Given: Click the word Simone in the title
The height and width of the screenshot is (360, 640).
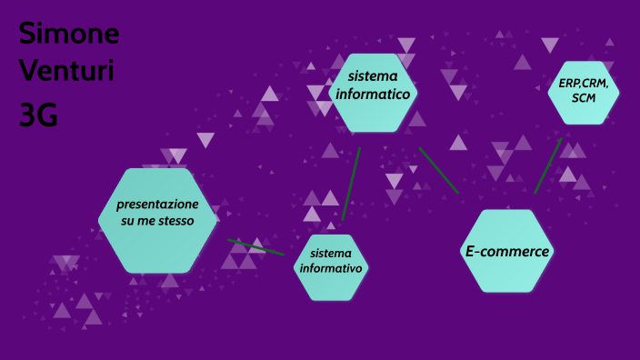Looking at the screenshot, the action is (x=69, y=35).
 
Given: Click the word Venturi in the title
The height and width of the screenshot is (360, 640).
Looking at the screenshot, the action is (x=66, y=72).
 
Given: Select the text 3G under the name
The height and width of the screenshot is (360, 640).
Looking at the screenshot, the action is (x=38, y=115).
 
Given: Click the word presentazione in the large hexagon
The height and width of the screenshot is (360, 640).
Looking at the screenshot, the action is (x=157, y=204).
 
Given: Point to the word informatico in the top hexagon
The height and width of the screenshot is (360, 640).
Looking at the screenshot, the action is (x=373, y=93).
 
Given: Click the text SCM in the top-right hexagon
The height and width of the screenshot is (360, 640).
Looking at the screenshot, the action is (x=584, y=98).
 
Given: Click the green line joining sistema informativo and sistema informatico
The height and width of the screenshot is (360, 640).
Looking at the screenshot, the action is (x=351, y=183).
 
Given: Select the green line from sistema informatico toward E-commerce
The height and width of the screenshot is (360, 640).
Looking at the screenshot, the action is (x=438, y=170).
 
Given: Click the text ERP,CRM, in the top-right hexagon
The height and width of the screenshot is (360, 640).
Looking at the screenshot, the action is (x=584, y=83).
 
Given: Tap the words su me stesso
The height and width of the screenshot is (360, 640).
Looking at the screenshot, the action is (x=157, y=221).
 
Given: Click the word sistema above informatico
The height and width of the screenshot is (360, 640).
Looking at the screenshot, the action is (x=370, y=75).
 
